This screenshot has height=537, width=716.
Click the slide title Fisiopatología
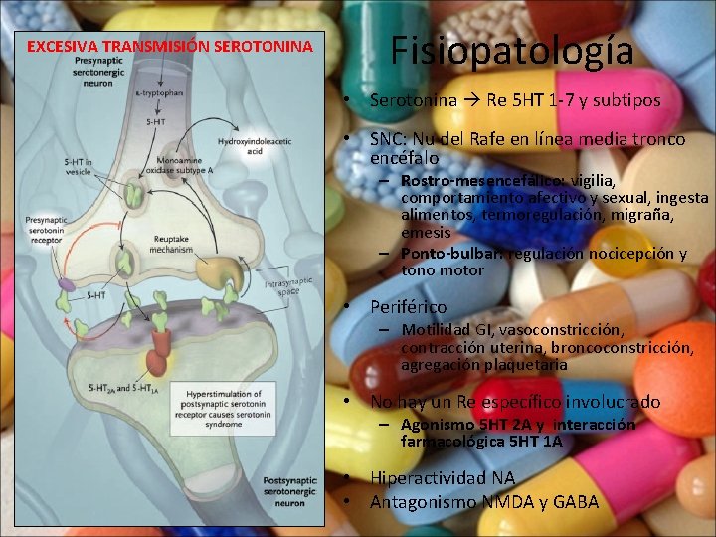point(511,51)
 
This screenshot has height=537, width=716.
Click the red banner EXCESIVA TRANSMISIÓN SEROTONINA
point(169,46)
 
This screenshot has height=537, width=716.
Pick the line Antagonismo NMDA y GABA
point(483,502)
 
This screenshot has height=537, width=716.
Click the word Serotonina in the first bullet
point(414,100)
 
